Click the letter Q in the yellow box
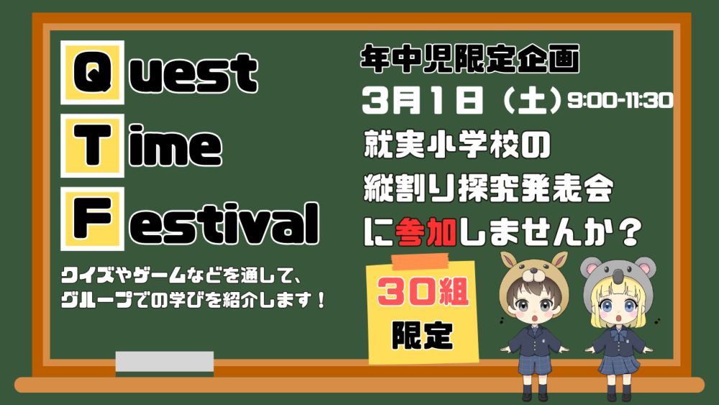(92, 72)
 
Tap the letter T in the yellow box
(92, 145)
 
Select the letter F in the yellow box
(92, 218)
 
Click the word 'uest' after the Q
(193, 73)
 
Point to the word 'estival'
(224, 224)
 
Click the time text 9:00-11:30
(620, 100)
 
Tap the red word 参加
(425, 232)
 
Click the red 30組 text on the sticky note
(423, 293)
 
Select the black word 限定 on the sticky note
(422, 335)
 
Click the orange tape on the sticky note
(420, 261)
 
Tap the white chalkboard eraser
(165, 361)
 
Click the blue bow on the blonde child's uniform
(618, 335)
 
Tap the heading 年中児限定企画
(470, 59)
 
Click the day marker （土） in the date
(532, 101)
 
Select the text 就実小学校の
(457, 145)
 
